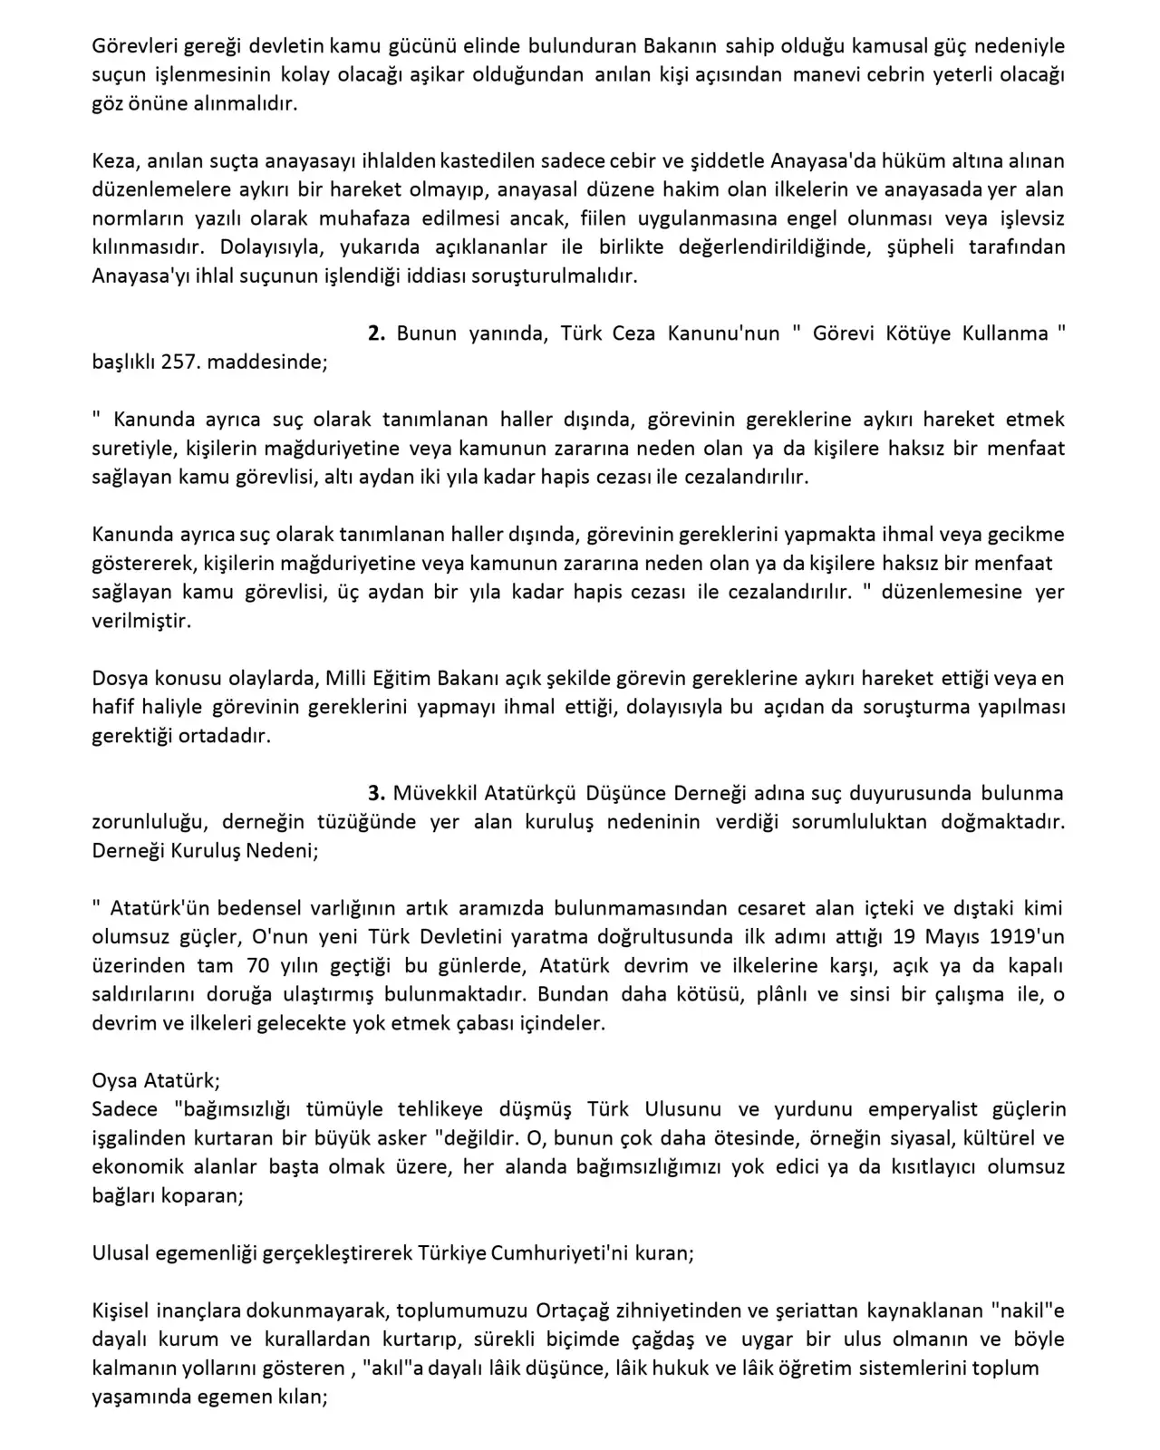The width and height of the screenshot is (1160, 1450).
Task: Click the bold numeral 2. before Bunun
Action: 376,333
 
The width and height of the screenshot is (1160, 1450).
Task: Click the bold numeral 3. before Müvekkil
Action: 376,793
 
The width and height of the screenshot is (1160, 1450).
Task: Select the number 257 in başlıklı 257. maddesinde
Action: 179,362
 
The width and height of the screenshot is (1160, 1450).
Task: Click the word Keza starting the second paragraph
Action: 112,160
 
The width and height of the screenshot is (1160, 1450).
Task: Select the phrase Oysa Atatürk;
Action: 156,1080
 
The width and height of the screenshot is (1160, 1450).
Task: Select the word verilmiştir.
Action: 141,621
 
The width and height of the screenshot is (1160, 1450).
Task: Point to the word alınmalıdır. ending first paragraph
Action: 244,103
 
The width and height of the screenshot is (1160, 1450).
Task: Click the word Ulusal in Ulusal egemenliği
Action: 122,1254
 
